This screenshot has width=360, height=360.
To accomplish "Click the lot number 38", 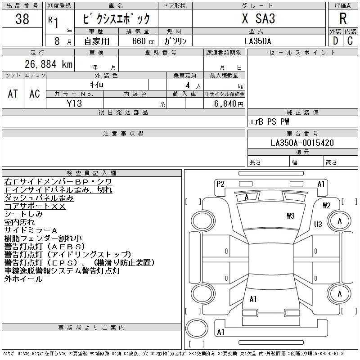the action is (22, 18).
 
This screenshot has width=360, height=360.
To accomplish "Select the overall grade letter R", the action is (343, 18).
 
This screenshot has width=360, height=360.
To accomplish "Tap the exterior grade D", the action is (335, 41).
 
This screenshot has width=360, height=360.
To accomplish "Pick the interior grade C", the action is (350, 41).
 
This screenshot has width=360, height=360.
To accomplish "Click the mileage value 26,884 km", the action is (49, 64).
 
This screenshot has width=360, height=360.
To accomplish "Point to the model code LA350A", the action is (257, 41).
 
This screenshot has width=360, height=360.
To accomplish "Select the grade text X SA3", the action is (258, 18).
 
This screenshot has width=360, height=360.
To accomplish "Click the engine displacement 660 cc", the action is (143, 41).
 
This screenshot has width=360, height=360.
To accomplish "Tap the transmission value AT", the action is (13, 94).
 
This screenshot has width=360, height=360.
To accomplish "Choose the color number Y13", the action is (74, 103).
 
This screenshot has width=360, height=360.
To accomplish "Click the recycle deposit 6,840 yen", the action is (229, 103).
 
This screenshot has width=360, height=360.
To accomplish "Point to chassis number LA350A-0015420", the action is (302, 143).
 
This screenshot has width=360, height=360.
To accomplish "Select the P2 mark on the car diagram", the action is (220, 184).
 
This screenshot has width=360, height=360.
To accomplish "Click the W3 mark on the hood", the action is (291, 216).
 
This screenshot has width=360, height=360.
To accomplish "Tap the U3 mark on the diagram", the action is (318, 224).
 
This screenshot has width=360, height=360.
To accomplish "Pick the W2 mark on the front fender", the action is (327, 205).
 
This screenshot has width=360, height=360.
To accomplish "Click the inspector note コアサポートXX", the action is (35, 206).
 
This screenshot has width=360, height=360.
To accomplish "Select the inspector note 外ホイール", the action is (23, 279).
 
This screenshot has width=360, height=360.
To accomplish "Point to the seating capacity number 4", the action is (188, 85).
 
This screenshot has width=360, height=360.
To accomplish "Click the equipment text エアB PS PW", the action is (269, 121).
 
